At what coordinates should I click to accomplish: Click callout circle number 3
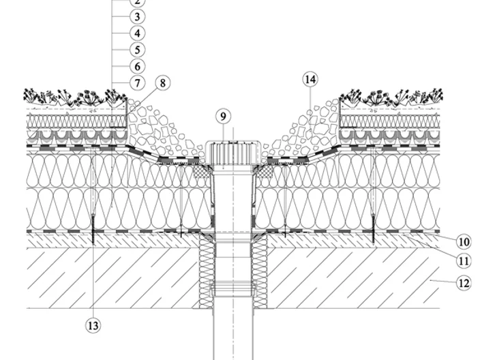[137, 16]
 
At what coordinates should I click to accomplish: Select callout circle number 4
[137, 33]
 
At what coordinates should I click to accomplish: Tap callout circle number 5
[137, 50]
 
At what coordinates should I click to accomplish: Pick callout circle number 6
[137, 66]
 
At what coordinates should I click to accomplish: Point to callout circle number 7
[137, 82]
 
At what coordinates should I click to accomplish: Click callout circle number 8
[162, 82]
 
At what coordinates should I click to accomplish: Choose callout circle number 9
[223, 117]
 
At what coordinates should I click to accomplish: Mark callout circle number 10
[464, 242]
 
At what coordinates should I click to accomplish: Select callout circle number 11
[464, 261]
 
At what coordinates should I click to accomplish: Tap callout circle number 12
[464, 283]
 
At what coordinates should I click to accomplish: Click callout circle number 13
[93, 325]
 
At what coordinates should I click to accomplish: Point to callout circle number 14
[310, 80]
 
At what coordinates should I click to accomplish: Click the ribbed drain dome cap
[233, 153]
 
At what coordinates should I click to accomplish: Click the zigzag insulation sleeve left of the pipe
[207, 271]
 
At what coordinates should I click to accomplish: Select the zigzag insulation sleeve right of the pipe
[260, 271]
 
